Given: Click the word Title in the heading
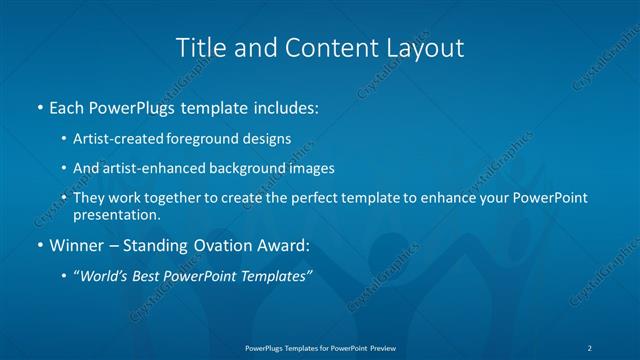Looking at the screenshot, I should (199, 47).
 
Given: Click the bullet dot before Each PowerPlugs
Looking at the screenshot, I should (39, 106).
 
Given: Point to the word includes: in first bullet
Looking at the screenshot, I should (284, 106).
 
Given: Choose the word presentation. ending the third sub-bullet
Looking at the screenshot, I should (117, 214).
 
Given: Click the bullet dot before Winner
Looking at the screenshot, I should (39, 245).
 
